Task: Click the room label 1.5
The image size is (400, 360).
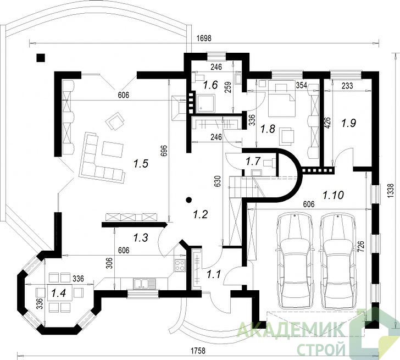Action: [141, 164]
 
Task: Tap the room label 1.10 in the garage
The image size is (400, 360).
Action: [333, 195]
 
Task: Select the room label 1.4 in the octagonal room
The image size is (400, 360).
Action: [59, 293]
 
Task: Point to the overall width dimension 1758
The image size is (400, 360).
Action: [198, 351]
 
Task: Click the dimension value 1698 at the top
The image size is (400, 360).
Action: [204, 38]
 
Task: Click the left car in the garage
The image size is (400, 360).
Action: [296, 261]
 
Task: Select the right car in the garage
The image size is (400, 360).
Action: [338, 261]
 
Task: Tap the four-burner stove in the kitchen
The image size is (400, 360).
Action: [180, 265]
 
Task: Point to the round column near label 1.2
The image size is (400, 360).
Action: [189, 200]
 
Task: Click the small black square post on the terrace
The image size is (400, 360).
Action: [41, 58]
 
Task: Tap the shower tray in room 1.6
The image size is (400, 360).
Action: [205, 103]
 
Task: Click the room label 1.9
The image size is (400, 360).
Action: [349, 124]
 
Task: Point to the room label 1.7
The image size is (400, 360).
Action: [253, 161]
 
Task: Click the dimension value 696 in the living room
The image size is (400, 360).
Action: [164, 152]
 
